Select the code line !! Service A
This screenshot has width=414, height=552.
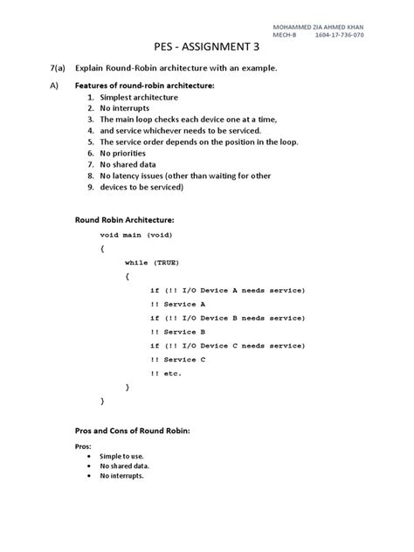(x=178, y=305)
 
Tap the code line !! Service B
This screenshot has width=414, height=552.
(x=178, y=332)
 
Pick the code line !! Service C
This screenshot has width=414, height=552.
(x=178, y=359)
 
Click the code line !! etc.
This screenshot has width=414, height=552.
(x=166, y=372)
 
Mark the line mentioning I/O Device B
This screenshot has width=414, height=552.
(x=226, y=318)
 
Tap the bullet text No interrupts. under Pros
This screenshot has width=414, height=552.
(x=121, y=476)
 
